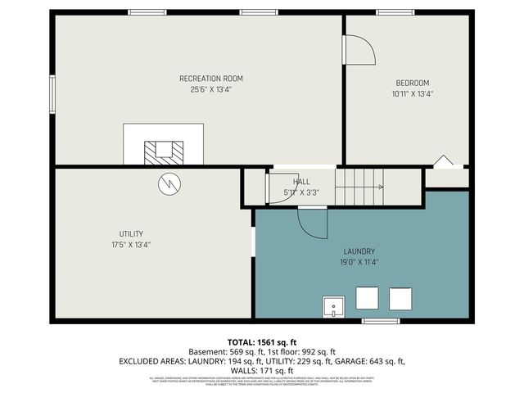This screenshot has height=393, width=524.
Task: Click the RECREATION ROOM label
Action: tap(211, 79)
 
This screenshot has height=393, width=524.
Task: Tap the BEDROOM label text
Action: tap(413, 83)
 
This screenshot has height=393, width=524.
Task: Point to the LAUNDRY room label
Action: tap(359, 251)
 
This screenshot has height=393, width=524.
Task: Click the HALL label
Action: tap(301, 182)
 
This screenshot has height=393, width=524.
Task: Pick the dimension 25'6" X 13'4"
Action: tap(211, 90)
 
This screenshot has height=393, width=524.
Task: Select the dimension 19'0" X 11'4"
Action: tap(359, 263)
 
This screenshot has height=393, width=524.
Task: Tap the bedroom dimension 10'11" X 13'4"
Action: tap(413, 94)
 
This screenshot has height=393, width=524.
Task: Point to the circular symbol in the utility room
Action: tap(168, 183)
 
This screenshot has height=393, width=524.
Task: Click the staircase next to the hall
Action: tap(359, 187)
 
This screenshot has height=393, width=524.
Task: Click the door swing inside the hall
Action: tap(279, 188)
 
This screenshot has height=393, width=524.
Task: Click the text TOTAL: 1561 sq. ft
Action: tap(261, 341)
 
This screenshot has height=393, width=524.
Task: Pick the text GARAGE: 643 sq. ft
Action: tap(373, 361)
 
